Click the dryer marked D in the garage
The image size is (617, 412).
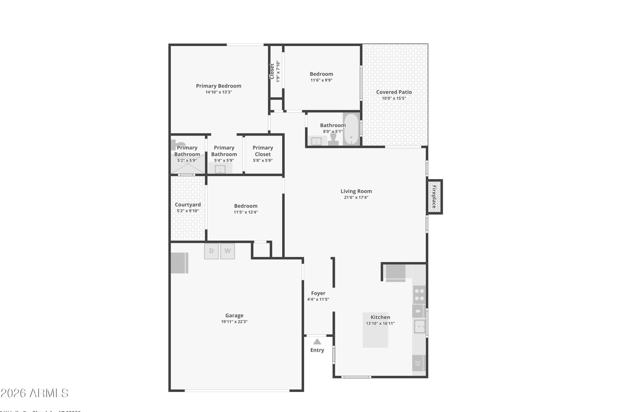point(211,251)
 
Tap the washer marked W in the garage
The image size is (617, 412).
point(227,251)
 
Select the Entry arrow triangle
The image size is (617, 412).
point(317,342)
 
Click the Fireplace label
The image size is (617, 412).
point(434,197)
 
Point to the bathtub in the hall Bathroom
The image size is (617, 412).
point(351,129)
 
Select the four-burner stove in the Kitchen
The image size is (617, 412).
point(419,295)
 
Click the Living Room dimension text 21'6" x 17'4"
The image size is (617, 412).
point(356,198)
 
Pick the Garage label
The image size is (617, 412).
point(234,315)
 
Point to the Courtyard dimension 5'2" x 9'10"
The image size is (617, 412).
point(188,211)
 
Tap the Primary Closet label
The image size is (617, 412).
point(263,151)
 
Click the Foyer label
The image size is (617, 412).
point(318,293)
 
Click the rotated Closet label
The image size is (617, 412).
point(272,71)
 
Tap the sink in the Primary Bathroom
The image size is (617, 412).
point(220,169)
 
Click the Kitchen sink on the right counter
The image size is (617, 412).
point(420,327)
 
